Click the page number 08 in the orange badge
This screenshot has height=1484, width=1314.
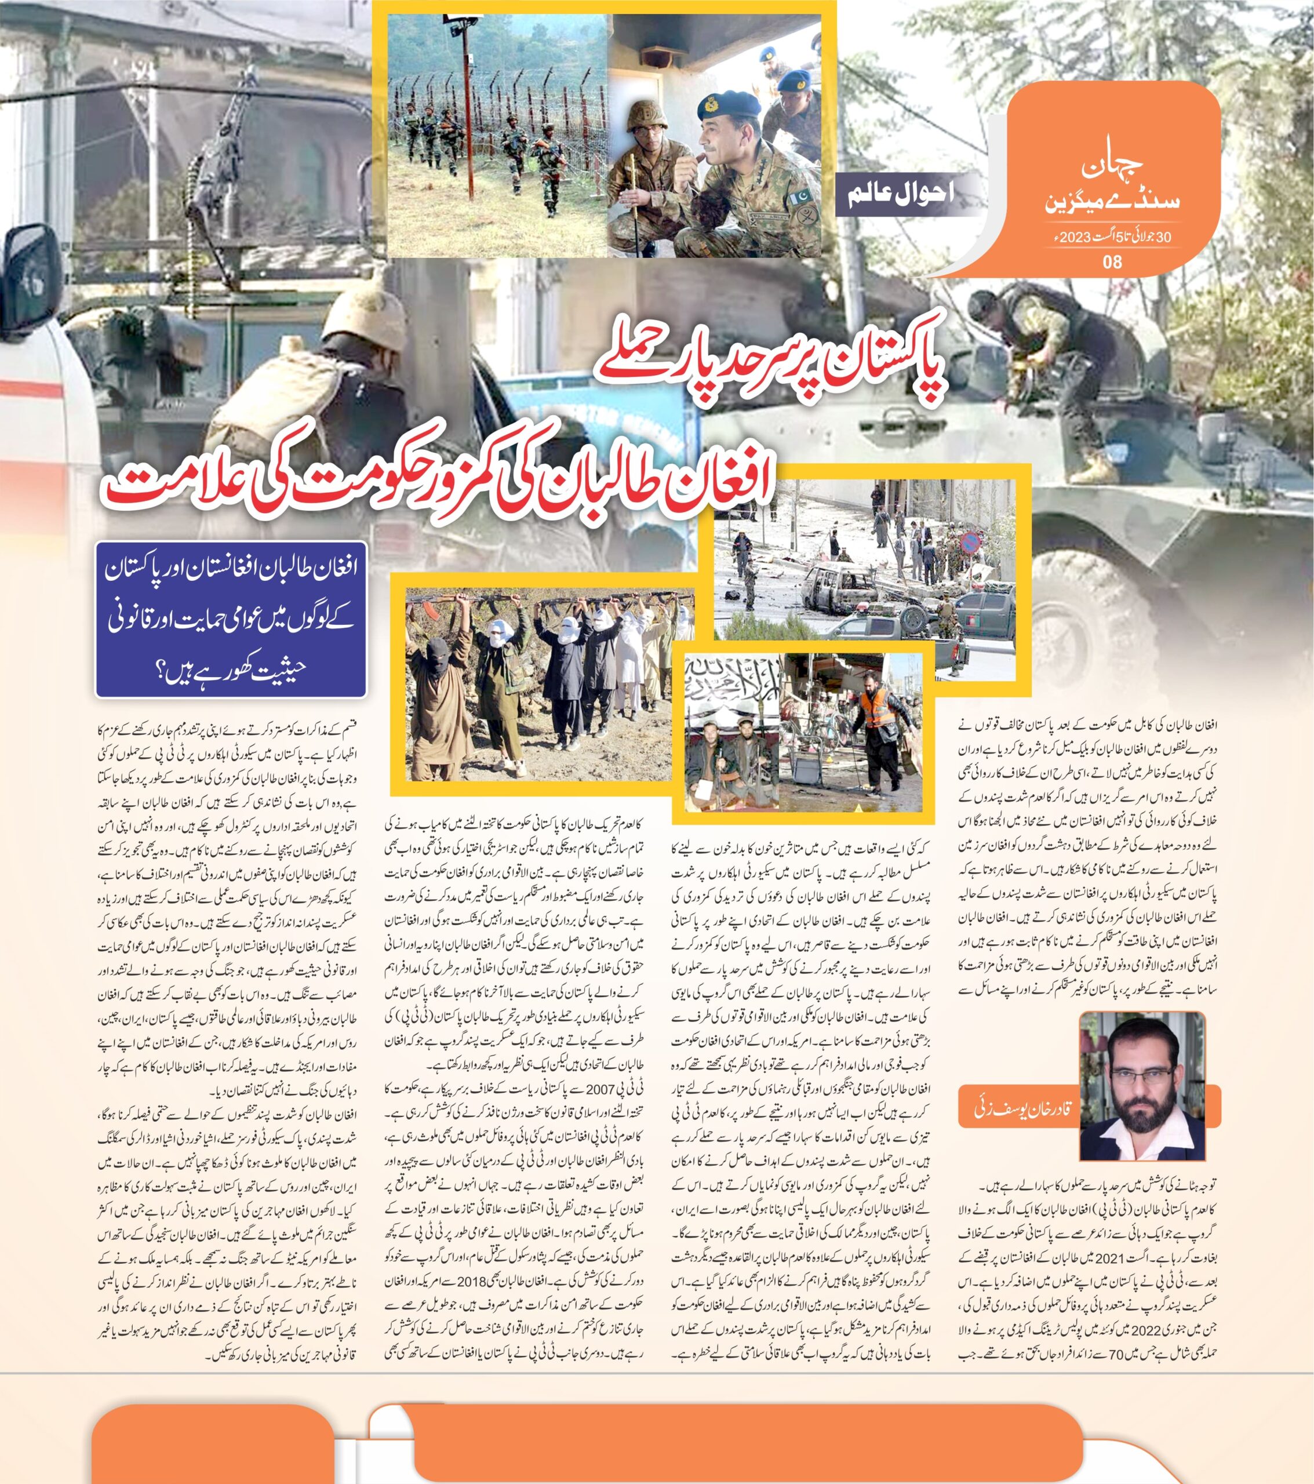[1112, 261]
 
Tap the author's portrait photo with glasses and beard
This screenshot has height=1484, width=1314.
[1142, 1088]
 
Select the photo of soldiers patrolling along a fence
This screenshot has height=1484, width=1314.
[497, 136]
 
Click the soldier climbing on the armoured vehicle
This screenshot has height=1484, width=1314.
[1046, 363]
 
